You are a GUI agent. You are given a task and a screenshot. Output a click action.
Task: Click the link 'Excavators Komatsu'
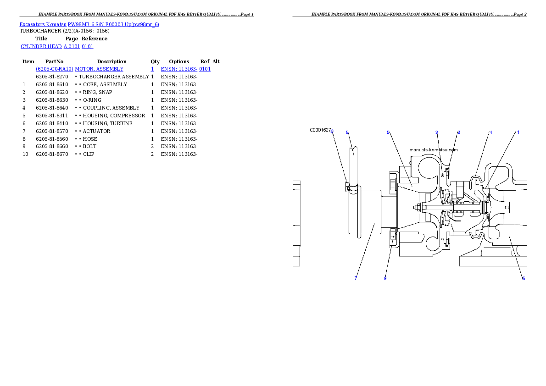click(x=43, y=24)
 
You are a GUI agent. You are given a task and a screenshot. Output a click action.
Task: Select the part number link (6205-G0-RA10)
click(x=55, y=69)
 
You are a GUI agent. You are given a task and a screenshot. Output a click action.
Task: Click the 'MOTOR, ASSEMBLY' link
click(x=99, y=69)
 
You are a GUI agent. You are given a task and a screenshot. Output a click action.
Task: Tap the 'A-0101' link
click(x=72, y=46)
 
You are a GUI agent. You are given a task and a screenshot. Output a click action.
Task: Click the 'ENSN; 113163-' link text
click(x=179, y=69)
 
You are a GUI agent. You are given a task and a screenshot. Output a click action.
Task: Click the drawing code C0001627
click(x=320, y=130)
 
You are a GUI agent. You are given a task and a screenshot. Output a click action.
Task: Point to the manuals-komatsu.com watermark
click(x=433, y=149)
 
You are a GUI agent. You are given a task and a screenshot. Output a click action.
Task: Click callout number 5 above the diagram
click(x=388, y=132)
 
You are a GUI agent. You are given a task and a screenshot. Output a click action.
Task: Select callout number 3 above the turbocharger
click(x=436, y=132)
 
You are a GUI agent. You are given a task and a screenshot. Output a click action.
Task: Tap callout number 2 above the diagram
click(x=458, y=132)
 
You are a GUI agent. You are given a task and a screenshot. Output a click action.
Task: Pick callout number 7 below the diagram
click(x=356, y=278)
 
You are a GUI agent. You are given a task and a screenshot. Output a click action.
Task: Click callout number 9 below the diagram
click(x=385, y=278)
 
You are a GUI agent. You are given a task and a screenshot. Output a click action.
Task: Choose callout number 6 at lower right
click(x=524, y=278)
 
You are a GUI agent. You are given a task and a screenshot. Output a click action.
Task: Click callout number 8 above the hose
click(x=347, y=132)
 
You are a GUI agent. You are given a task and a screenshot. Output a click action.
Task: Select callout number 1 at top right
click(x=518, y=132)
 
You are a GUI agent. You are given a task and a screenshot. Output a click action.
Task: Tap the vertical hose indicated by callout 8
click(x=353, y=158)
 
